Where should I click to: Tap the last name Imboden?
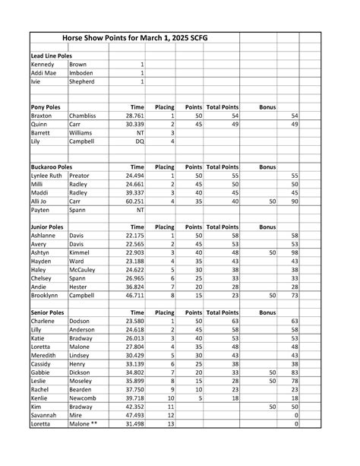tap(82, 73)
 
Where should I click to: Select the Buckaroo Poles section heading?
tap(52, 166)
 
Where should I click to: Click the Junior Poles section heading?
tap(48, 227)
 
